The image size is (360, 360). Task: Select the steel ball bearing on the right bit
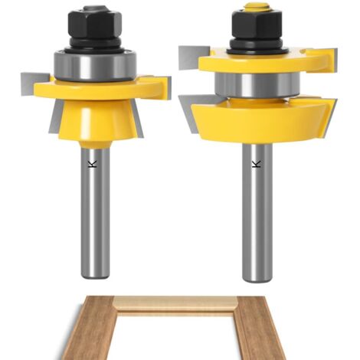pyautogui.click(x=257, y=86)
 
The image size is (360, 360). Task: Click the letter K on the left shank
pyautogui.click(x=92, y=164)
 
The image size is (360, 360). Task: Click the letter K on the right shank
pyautogui.click(x=256, y=164)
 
